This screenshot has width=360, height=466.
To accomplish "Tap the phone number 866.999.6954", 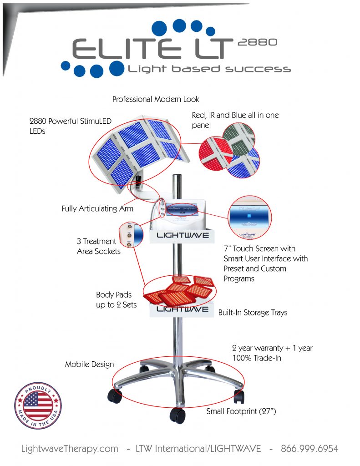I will coord(309,449).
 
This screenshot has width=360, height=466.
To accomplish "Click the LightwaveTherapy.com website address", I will coord(70,449).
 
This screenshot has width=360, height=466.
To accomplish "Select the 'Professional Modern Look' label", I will coord(156,99).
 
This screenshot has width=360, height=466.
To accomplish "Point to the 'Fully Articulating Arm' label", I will coord(97,209).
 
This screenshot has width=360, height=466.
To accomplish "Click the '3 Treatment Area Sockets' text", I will coord(98,246).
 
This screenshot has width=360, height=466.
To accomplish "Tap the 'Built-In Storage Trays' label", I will coord(253,313).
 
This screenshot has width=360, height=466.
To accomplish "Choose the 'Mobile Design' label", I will coord(89,365).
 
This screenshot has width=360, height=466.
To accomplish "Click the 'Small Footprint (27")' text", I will coord(241,411).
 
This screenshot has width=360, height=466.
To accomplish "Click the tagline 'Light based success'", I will coord(209,69).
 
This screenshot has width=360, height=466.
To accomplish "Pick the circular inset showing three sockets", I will coord(130,235).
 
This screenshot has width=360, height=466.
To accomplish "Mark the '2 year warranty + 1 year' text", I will coord(272,348).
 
